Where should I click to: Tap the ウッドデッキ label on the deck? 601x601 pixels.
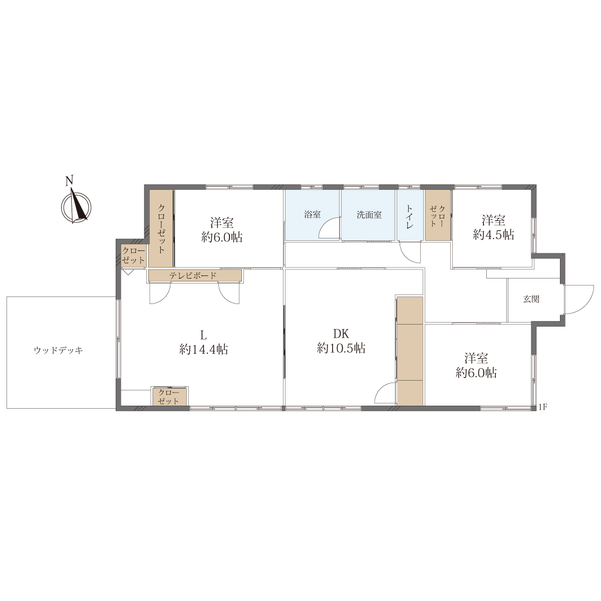click(59, 351)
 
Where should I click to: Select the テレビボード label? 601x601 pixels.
click(193, 275)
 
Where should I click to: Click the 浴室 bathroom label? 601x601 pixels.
click(312, 214)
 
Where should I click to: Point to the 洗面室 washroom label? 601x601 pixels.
click(369, 215)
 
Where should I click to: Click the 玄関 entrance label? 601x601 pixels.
click(531, 299)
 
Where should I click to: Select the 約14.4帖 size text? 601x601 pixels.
click(203, 349)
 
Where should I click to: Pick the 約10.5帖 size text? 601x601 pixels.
click(341, 348)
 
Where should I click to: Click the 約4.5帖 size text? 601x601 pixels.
click(493, 234)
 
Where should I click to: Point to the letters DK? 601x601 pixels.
click(341, 334)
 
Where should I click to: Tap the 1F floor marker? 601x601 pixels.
click(543, 407)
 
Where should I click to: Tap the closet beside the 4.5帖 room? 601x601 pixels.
click(438, 215)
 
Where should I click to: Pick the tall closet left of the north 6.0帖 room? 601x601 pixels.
click(161, 228)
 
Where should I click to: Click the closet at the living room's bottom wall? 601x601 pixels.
click(169, 397)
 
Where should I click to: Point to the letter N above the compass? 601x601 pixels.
click(69, 181)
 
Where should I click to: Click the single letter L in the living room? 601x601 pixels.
click(203, 335)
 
